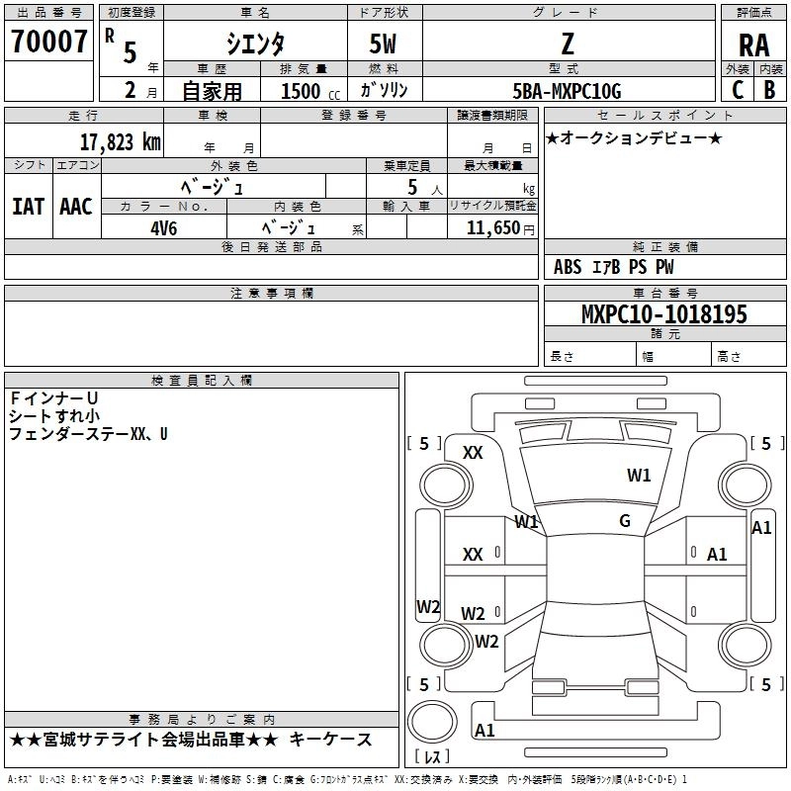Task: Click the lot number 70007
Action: coord(48,42)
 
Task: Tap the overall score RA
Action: coord(753,45)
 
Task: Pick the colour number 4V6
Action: coord(163,226)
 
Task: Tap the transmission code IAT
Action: coord(28,206)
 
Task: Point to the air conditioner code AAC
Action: coord(75,206)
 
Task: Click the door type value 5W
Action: coord(385,44)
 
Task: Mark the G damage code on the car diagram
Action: coord(625,520)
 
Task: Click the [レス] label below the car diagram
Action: coord(431,758)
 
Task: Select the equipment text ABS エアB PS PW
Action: coord(614,267)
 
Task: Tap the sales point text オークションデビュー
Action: coord(634,137)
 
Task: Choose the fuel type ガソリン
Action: coord(385,91)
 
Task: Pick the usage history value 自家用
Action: coord(212,91)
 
